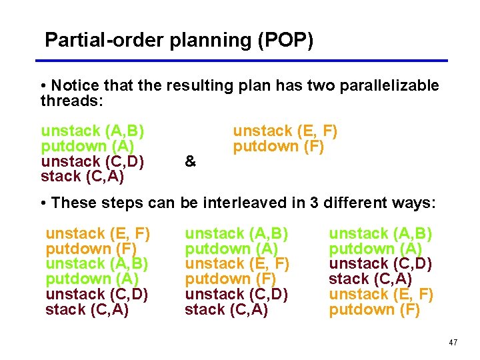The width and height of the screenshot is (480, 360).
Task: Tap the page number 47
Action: click(x=453, y=343)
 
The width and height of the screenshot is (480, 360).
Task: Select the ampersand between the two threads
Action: click(x=190, y=161)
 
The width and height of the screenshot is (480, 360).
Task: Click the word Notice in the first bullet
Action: click(x=73, y=86)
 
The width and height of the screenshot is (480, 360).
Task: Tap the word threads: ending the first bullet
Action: click(x=69, y=100)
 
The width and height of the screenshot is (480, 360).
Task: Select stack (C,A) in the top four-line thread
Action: click(x=83, y=177)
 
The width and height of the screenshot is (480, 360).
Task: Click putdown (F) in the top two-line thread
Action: click(x=278, y=146)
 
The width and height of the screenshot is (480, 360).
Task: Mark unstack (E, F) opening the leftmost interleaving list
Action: click(x=97, y=234)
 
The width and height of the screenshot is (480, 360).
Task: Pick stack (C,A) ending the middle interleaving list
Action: click(x=226, y=309)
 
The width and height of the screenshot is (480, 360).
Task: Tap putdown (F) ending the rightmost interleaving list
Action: click(x=374, y=309)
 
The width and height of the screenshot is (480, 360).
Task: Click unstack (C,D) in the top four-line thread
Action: click(x=93, y=161)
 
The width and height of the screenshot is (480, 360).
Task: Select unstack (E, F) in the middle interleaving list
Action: click(x=237, y=264)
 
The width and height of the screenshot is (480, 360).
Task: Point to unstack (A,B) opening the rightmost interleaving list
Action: click(x=381, y=234)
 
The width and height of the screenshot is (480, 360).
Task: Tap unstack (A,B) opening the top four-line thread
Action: click(x=93, y=131)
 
